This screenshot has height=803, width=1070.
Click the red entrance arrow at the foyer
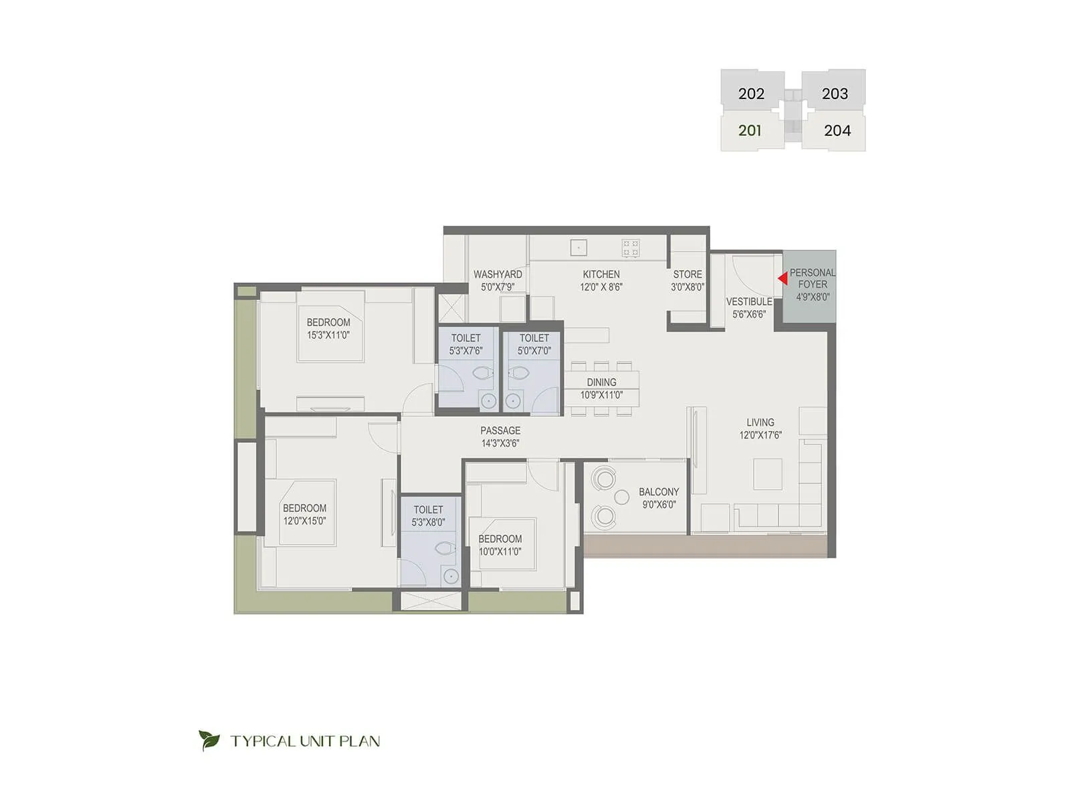(x=782, y=278)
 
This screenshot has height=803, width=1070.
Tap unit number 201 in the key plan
(x=750, y=130)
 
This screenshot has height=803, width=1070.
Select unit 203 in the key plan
(x=834, y=94)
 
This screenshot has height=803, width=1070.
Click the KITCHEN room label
(x=601, y=274)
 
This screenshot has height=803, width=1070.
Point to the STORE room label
(x=687, y=274)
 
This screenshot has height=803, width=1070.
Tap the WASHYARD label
(x=498, y=274)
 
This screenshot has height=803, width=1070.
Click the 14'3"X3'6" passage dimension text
(x=500, y=443)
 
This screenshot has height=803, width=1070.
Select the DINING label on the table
(x=601, y=382)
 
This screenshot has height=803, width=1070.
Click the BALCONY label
(x=658, y=492)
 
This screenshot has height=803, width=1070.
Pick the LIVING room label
(x=760, y=422)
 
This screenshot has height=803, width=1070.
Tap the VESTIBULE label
(x=749, y=302)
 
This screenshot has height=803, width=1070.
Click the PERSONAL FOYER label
(x=812, y=278)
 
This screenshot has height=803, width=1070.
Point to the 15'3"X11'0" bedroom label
(x=328, y=329)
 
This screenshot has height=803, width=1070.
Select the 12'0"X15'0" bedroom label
(x=304, y=515)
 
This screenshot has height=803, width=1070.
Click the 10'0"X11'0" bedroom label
(x=500, y=545)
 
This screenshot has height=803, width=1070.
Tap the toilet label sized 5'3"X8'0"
(x=428, y=516)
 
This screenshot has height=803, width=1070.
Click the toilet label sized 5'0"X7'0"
(x=534, y=345)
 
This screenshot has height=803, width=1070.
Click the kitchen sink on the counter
(x=578, y=248)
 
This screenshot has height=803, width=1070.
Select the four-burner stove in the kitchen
(x=631, y=248)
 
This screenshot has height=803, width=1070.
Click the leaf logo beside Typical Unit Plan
(x=209, y=740)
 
